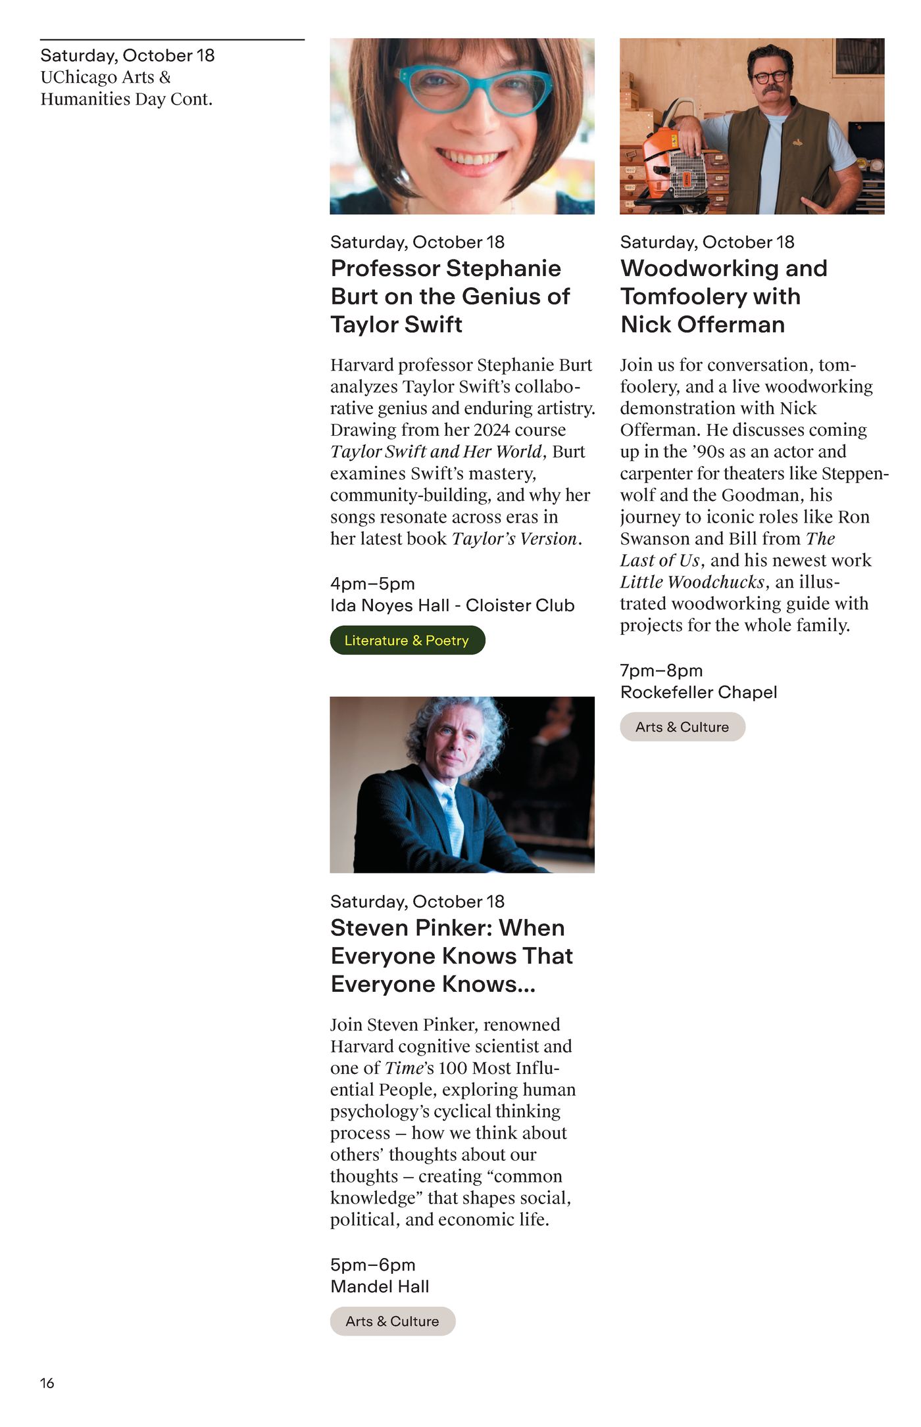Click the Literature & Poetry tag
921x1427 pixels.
(407, 640)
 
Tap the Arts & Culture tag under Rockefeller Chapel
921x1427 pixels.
(682, 727)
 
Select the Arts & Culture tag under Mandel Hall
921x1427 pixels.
(392, 1321)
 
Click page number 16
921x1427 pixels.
(47, 1383)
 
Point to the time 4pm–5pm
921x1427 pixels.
(372, 584)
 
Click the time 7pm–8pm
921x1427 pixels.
(661, 670)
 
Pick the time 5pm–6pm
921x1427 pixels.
(372, 1265)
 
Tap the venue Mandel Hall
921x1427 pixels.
(380, 1286)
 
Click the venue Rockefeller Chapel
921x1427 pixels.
(698, 692)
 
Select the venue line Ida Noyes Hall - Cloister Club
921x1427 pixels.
(452, 605)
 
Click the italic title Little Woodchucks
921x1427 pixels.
(692, 582)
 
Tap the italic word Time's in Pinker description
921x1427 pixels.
(409, 1068)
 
